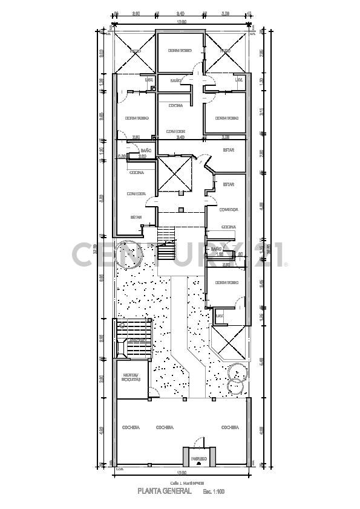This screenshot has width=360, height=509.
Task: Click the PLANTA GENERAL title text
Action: click(x=165, y=491)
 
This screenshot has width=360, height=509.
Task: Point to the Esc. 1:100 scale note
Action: click(x=213, y=492)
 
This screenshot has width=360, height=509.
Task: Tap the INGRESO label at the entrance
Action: click(x=199, y=459)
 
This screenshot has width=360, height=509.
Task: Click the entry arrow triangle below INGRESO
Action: click(x=199, y=466)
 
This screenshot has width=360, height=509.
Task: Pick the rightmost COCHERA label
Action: click(x=229, y=427)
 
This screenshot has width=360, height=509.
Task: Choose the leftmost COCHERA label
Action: click(x=131, y=427)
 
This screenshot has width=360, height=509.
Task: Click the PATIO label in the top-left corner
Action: click(x=136, y=51)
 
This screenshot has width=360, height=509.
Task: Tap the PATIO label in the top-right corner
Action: click(x=225, y=51)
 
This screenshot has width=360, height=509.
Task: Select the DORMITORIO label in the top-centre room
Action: click(x=180, y=50)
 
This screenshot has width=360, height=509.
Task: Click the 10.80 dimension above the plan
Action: click(x=181, y=23)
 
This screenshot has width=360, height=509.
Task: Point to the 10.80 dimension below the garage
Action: click(x=181, y=473)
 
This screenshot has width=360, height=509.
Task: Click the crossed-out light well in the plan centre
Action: click(x=175, y=175)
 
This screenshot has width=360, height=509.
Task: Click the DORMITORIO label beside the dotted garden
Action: click(x=226, y=282)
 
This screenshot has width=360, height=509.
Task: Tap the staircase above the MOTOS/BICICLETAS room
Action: click(x=133, y=339)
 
